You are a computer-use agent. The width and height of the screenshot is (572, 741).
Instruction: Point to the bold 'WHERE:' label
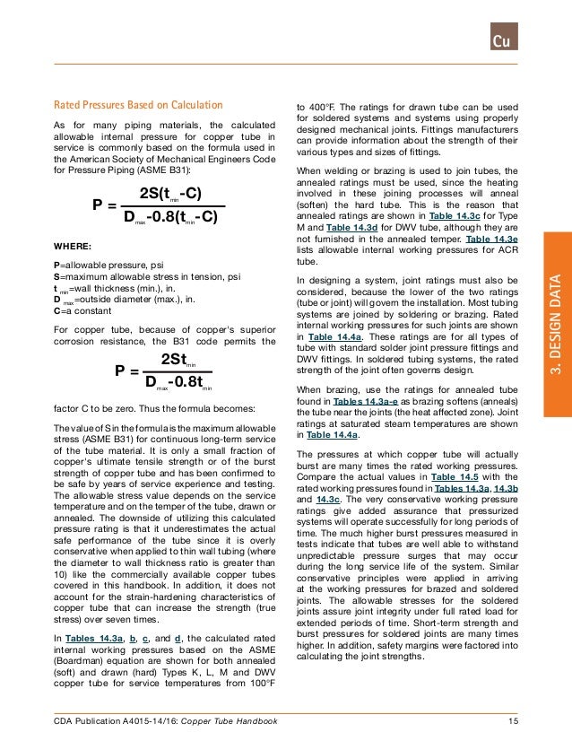[73, 245]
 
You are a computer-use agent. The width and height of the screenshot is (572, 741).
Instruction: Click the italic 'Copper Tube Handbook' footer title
[229, 722]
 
